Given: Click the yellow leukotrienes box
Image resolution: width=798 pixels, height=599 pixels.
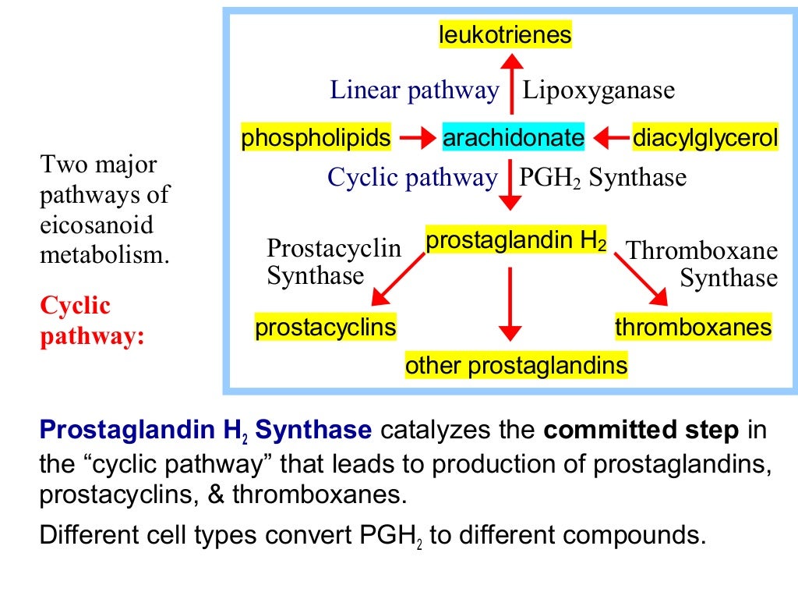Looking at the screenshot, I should [505, 35].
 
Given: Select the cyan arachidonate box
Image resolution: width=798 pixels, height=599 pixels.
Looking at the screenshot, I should [513, 139].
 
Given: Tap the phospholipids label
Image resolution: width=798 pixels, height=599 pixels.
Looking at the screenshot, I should [316, 139].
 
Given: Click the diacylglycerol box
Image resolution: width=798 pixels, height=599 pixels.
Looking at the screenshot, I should [705, 139].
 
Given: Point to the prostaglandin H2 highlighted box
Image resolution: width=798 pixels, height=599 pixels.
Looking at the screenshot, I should [516, 241].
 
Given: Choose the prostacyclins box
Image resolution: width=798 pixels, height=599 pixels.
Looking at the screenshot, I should [325, 327].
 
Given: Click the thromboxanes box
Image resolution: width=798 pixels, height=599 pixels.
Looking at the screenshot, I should [693, 327].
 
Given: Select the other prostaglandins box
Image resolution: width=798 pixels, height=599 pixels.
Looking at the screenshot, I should [516, 366].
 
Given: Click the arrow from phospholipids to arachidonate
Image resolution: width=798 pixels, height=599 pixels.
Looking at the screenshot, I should [416, 139].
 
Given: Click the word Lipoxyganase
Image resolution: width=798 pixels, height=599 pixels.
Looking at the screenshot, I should [598, 91].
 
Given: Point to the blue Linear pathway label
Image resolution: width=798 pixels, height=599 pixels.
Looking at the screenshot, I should [414, 90].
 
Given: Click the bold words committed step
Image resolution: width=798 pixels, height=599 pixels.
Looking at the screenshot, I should [641, 430].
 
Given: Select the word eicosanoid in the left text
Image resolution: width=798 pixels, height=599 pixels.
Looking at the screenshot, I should [97, 225].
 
